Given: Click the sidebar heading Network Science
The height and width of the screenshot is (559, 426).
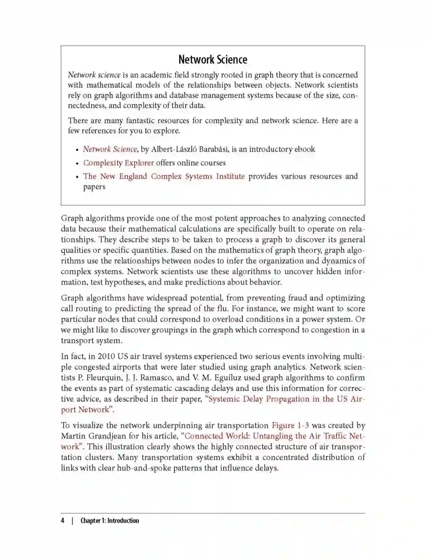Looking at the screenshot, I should coord(213,60).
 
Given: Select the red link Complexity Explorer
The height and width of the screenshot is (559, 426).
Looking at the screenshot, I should coord(118,163).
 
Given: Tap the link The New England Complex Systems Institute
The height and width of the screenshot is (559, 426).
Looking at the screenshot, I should coord(164,176).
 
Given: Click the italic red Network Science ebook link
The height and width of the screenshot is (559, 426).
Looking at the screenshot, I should coord(110,149).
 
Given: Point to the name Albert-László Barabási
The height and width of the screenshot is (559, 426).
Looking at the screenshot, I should coord(189,149).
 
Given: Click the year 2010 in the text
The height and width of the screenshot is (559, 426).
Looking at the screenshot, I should coord(106,356).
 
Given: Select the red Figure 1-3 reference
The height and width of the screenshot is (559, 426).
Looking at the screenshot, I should coord(290,425).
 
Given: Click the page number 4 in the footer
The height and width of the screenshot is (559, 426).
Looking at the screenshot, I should coord(62,520).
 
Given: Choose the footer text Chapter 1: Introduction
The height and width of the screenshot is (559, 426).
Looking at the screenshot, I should coord(110,520).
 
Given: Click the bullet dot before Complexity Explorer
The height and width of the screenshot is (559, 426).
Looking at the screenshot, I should coord(77,164).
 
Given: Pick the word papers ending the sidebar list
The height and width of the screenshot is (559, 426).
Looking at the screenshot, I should coord(94,187).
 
